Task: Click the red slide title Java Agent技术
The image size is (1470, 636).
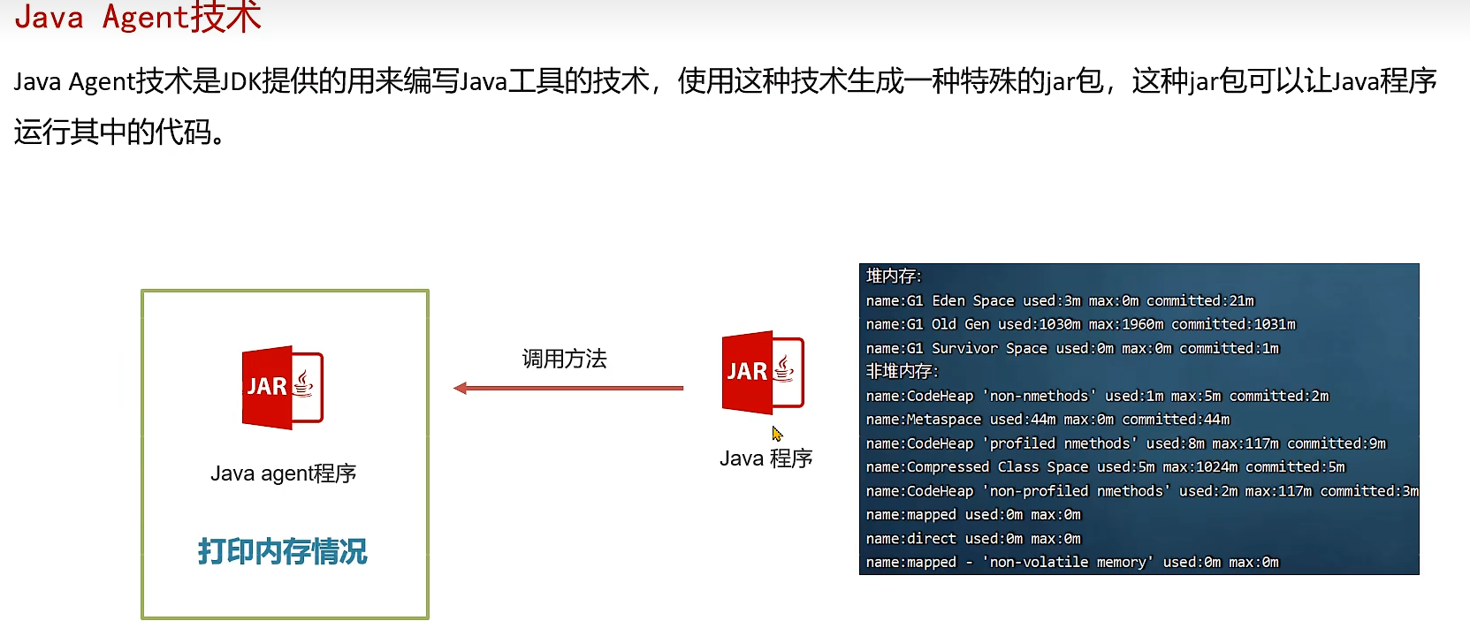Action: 138,18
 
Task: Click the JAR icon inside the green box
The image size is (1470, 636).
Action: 283,387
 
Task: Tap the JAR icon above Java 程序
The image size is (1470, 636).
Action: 763,372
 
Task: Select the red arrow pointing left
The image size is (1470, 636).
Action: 567,388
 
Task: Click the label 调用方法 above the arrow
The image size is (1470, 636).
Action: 564,359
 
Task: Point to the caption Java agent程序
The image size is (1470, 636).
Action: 283,473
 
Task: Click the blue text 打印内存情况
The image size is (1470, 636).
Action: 282,551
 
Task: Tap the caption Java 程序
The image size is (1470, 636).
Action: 765,458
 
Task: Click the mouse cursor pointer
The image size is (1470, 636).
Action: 777,434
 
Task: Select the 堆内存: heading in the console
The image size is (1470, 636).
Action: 894,276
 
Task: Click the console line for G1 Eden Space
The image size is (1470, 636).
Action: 1060,301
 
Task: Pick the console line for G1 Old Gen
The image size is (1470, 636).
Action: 1080,324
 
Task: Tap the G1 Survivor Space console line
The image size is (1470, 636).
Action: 1072,348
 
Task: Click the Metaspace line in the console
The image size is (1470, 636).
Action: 1047,420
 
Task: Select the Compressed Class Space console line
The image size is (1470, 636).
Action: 1105,467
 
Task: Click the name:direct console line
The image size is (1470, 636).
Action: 973,539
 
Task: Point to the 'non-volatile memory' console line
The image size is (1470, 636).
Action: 1072,563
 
